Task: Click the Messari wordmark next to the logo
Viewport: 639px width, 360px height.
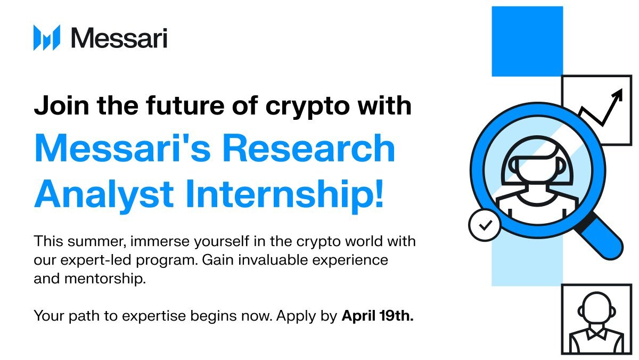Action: [119, 38]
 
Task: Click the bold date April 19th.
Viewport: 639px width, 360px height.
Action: [377, 316]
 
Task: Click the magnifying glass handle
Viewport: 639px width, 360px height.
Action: [604, 239]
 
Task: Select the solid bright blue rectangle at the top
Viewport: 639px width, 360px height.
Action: [527, 41]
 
